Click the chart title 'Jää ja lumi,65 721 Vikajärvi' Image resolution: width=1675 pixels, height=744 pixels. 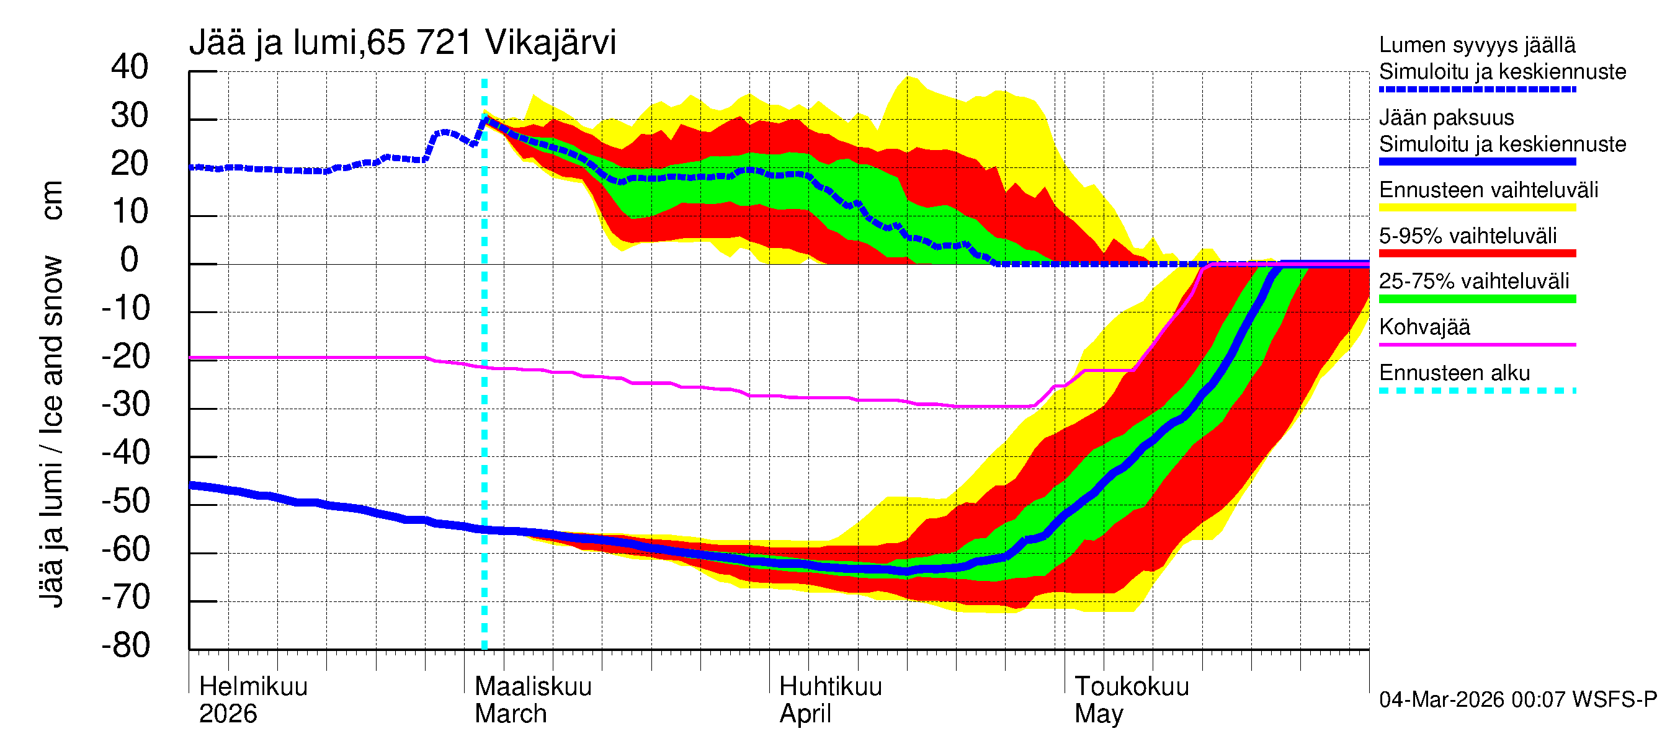pos(402,43)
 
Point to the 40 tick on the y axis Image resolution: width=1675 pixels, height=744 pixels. pos(130,68)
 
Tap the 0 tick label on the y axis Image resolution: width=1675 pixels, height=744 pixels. pos(130,260)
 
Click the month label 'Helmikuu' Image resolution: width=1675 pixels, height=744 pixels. pos(253,687)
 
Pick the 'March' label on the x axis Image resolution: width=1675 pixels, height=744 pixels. pos(511,714)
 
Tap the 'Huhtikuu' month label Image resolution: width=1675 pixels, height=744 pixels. pos(830,687)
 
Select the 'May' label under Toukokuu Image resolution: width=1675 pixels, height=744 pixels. pos(1098,714)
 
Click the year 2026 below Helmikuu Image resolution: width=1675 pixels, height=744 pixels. pos(228,714)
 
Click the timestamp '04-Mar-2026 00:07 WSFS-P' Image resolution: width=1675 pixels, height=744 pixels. pos(1517,700)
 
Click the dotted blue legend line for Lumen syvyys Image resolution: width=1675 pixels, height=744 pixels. pos(1476,90)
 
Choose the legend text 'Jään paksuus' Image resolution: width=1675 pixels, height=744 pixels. pos(1446,118)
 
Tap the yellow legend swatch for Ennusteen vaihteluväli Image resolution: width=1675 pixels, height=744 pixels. pos(1476,208)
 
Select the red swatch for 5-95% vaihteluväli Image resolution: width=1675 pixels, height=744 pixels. pos(1476,254)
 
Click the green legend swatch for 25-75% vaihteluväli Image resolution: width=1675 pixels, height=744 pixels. pos(1476,299)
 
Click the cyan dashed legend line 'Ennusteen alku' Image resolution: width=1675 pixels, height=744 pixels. pos(1476,391)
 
